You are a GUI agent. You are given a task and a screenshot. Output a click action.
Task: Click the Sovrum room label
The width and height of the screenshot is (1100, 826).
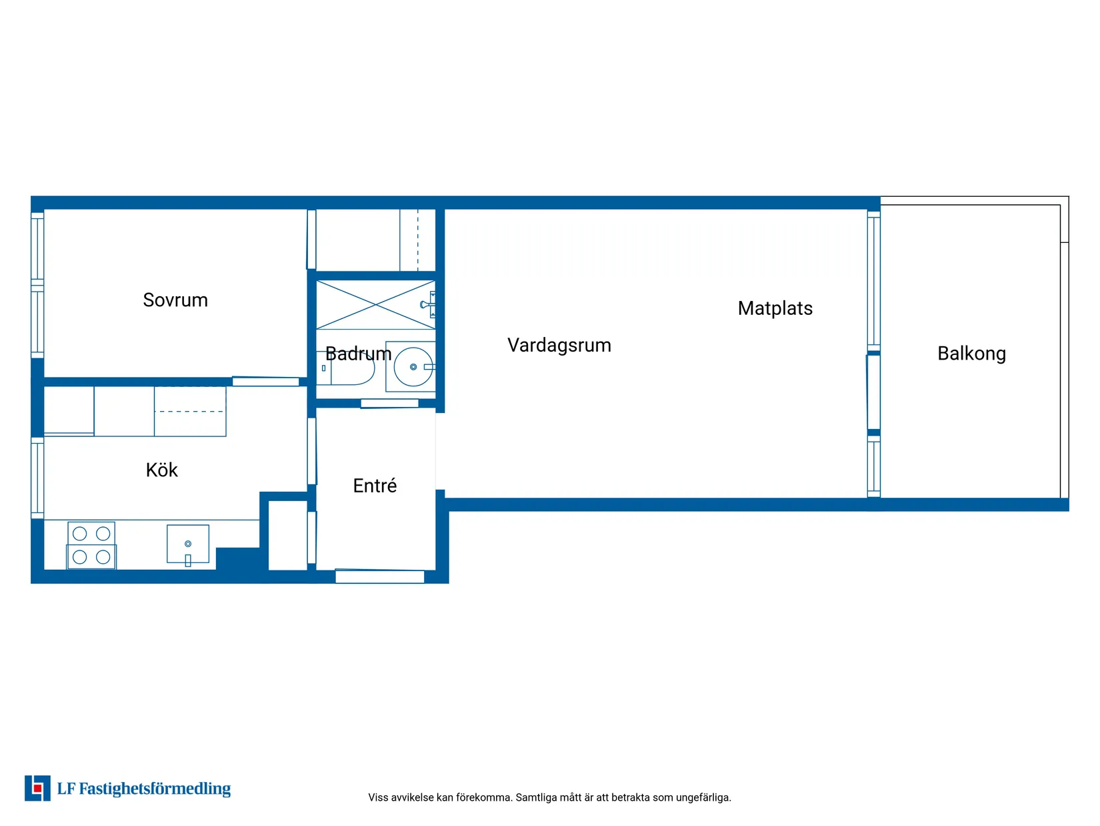pyautogui.click(x=175, y=300)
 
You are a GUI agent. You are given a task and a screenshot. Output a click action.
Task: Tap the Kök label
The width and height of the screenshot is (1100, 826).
pyautogui.click(x=161, y=470)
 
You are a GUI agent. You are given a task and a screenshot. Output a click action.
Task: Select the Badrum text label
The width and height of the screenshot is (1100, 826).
pyautogui.click(x=358, y=354)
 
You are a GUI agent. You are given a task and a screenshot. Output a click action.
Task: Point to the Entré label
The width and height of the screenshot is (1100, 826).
pyautogui.click(x=375, y=485)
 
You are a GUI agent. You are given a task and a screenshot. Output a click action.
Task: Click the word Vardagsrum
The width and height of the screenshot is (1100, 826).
pyautogui.click(x=559, y=346)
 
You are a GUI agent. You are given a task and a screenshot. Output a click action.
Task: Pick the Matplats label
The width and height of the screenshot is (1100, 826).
pyautogui.click(x=775, y=308)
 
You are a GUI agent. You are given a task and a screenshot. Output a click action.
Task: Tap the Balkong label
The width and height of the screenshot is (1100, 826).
pyautogui.click(x=971, y=354)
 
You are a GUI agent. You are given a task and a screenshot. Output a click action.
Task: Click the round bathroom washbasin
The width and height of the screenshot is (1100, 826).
pyautogui.click(x=413, y=366)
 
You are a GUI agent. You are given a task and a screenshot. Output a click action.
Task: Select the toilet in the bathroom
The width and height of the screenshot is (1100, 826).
pyautogui.click(x=345, y=368)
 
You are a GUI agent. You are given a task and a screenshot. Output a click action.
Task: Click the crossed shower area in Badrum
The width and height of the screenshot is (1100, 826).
pyautogui.click(x=375, y=304)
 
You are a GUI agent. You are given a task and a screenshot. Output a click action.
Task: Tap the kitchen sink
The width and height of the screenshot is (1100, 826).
pyautogui.click(x=187, y=544)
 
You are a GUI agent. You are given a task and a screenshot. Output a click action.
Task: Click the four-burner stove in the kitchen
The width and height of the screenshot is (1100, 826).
pyautogui.click(x=91, y=545)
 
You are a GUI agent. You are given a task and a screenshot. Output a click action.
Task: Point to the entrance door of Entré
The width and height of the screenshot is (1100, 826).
pyautogui.click(x=379, y=576)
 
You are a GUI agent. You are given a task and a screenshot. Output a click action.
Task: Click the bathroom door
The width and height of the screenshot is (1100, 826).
pyautogui.click(x=389, y=403)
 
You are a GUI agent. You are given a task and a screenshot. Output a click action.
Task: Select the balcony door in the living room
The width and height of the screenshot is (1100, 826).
pyautogui.click(x=873, y=392)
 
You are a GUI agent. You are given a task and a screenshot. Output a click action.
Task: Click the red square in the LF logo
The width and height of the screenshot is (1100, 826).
pyautogui.click(x=37, y=789)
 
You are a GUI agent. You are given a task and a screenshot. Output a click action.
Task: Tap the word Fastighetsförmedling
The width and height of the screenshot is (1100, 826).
pyautogui.click(x=155, y=789)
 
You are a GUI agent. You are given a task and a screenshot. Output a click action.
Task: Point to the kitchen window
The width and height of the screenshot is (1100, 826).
pyautogui.click(x=37, y=478)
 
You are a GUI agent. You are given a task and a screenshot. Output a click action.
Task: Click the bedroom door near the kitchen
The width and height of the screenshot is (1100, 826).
pyautogui.click(x=265, y=381)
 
